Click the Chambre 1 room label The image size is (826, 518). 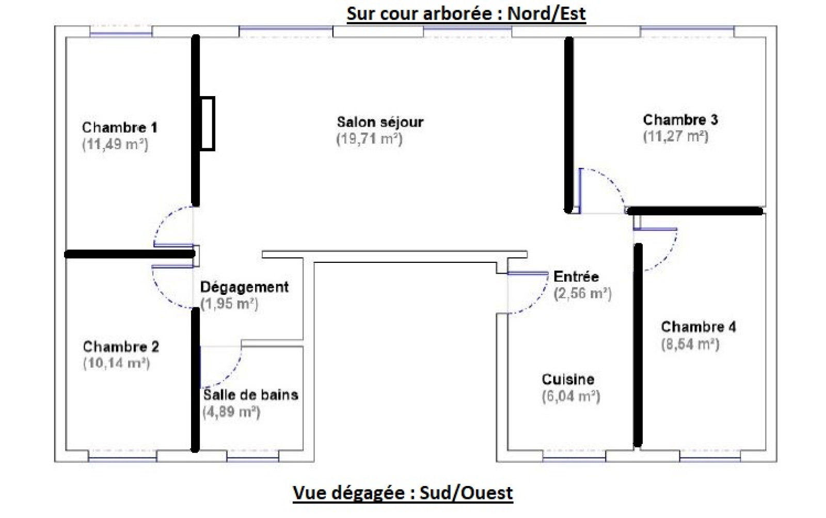(x=119, y=127)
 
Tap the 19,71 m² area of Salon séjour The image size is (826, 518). (x=369, y=139)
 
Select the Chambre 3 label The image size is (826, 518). (x=680, y=120)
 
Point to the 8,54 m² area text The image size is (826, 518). (x=690, y=344)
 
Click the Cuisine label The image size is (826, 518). (x=568, y=380)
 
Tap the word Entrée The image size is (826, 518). (x=576, y=276)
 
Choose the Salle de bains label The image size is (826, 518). (x=251, y=395)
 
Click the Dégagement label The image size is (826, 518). (x=244, y=287)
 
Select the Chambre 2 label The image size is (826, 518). (x=121, y=347)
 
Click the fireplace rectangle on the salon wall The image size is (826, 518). (x=208, y=124)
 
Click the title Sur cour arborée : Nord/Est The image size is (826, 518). (x=466, y=13)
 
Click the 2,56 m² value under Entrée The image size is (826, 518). (x=582, y=293)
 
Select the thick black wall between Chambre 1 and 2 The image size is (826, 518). (x=129, y=254)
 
